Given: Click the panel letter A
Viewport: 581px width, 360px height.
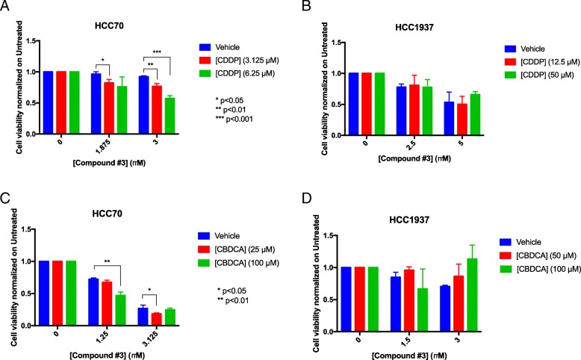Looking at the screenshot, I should coord(6,7).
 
